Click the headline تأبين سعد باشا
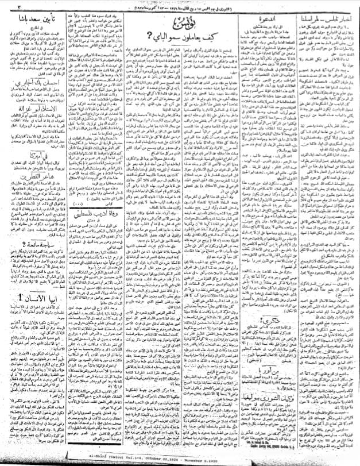pos(47,26)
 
